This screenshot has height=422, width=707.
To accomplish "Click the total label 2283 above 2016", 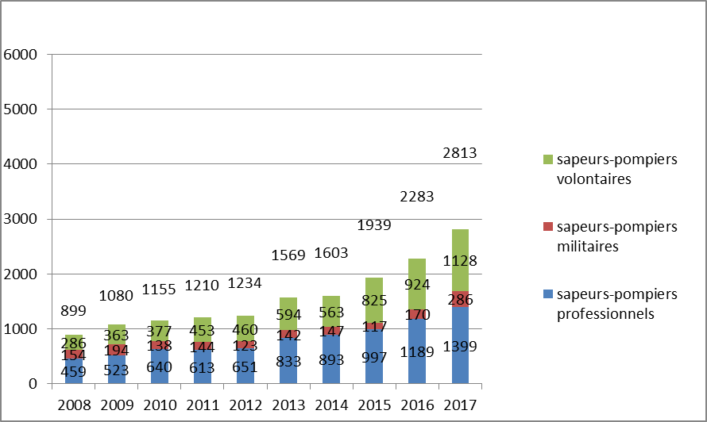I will point(417,195).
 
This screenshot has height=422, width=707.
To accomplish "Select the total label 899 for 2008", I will point(74,311).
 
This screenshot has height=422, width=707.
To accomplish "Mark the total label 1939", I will point(373,224).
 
